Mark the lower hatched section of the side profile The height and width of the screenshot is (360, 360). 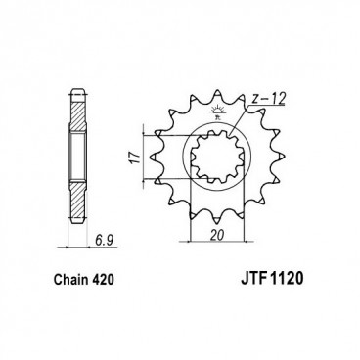pyautogui.click(x=76, y=194)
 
